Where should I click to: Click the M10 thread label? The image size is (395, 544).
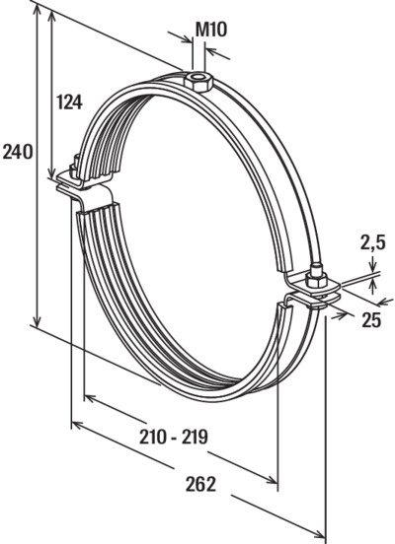coord(211,30)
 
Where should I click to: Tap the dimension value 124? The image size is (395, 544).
coord(69,102)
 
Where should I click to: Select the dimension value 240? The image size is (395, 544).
coord(18,152)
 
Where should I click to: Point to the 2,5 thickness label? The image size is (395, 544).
coord(372,242)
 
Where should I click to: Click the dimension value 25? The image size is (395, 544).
coord(371,320)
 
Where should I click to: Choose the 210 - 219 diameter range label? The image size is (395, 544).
coord(174,437)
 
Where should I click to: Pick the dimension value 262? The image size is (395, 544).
coord(200,484)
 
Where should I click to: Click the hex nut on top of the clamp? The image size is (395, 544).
coord(197,81)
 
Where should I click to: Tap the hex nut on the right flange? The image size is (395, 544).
coord(316,279)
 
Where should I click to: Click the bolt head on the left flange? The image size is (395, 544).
coord(74,166)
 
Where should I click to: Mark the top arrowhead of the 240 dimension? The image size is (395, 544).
coord(38,11)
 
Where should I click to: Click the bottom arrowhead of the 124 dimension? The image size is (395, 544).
coord(51,171)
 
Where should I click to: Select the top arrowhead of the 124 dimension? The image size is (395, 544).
coord(52,16)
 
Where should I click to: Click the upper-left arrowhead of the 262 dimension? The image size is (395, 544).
coord(78,425)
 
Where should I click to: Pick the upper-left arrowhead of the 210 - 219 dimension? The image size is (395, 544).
coord(91,398)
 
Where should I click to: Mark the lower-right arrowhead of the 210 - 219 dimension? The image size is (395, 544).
coord(272,479)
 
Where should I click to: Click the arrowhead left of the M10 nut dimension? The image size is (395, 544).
coord(186,38)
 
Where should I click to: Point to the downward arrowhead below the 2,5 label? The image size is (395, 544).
coord(373,266)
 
